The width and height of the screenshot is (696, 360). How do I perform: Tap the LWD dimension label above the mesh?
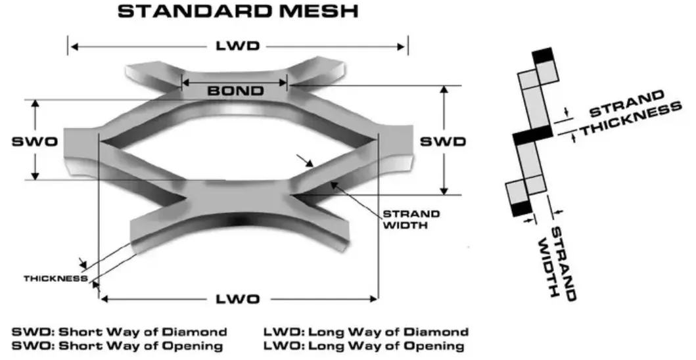click(x=238, y=47)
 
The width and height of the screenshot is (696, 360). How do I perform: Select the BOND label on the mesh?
click(x=235, y=91)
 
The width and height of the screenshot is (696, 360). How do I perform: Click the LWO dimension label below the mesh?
click(x=238, y=300)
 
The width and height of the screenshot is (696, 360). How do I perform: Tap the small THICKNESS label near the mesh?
click(x=56, y=279)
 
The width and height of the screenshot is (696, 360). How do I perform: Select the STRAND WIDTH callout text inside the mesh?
click(x=411, y=219)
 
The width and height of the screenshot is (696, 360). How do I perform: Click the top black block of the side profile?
click(x=544, y=56)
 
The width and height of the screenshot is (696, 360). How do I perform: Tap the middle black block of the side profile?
click(x=533, y=135)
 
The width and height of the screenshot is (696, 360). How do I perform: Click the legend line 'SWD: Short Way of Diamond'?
click(x=119, y=332)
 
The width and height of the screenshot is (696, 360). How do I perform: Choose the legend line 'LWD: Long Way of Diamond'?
click(x=365, y=332)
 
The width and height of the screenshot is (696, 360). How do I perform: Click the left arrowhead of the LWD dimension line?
click(x=72, y=47)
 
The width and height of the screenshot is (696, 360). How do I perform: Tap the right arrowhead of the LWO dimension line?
click(x=375, y=300)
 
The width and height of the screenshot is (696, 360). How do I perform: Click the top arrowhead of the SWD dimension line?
click(x=445, y=89)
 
